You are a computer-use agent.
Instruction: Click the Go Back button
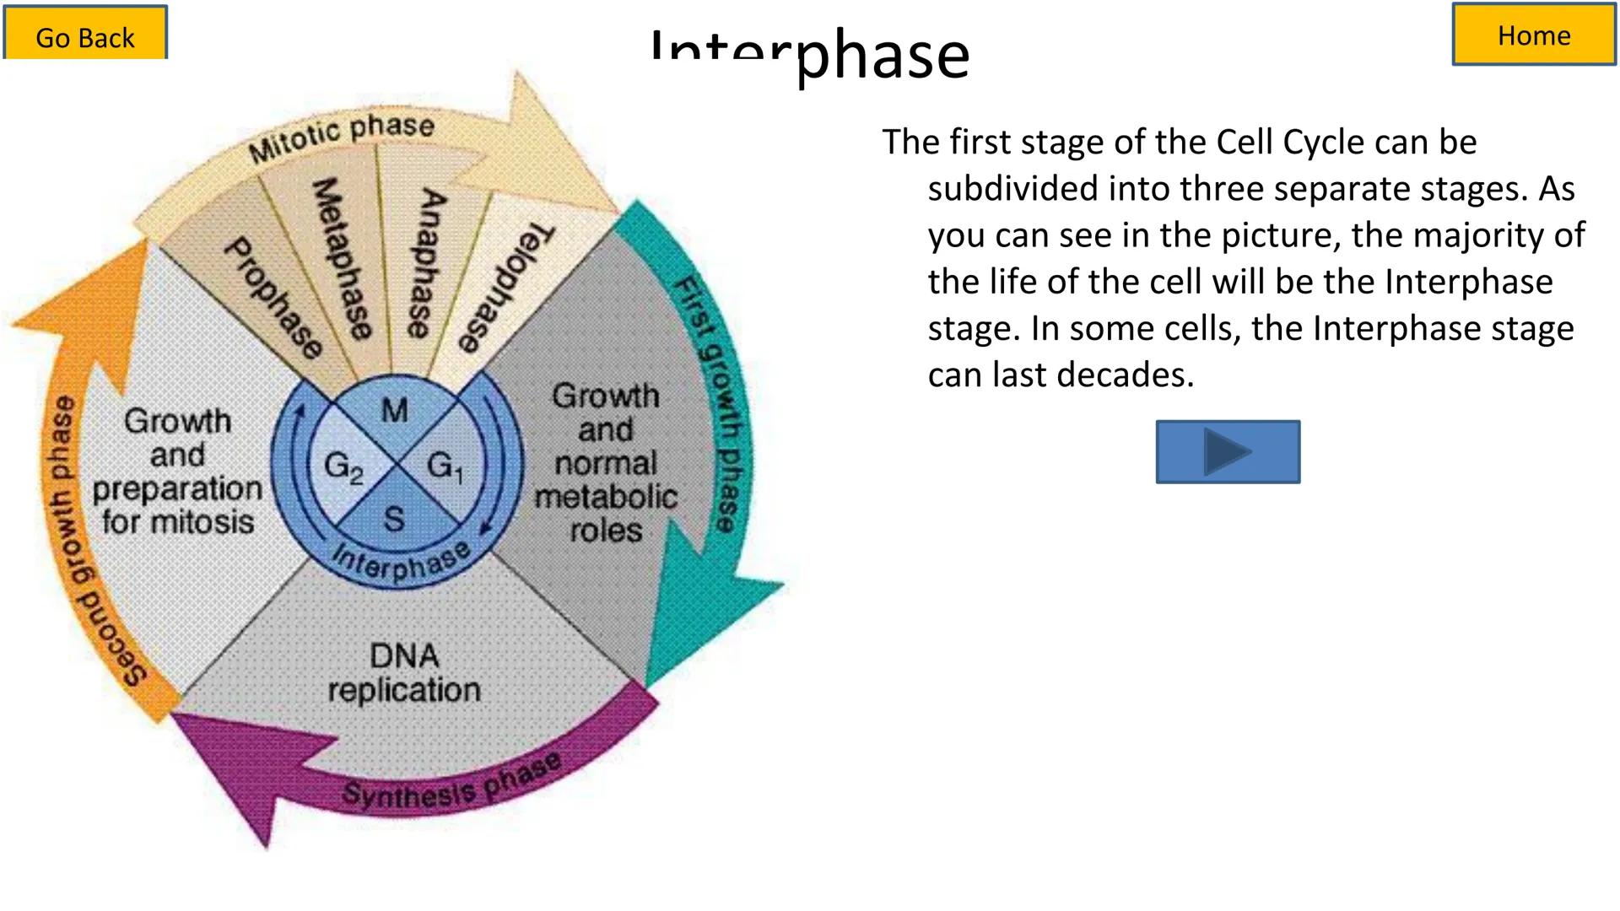tap(85, 34)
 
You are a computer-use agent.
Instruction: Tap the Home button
tap(1533, 35)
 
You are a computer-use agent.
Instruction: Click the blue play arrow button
tap(1228, 452)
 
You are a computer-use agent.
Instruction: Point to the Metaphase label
tap(341, 258)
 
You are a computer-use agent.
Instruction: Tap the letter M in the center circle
tap(394, 411)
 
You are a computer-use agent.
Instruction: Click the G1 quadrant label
tap(445, 466)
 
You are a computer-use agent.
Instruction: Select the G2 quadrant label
tap(343, 466)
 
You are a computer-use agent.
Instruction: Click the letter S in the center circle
tap(394, 519)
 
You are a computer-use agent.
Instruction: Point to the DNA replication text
tap(404, 673)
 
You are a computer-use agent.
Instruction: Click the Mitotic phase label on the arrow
tap(342, 137)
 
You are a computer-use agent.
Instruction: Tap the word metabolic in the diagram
tap(606, 497)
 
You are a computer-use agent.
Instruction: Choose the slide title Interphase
tap(810, 54)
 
